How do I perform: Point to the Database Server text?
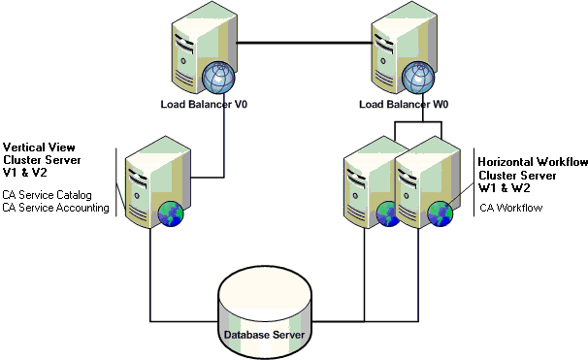(264, 335)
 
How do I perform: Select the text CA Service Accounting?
(55, 207)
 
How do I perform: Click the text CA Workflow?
(510, 207)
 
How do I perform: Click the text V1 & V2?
(26, 171)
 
